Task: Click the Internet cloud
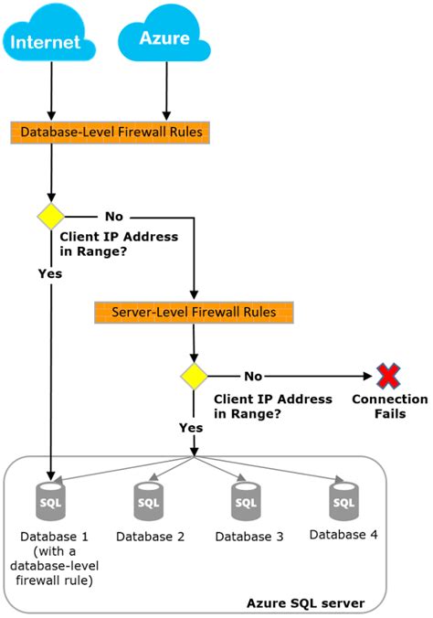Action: coord(50,38)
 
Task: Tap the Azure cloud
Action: coord(165,38)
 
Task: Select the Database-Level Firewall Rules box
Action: coord(111,133)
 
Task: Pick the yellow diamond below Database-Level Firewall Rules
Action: coord(49,217)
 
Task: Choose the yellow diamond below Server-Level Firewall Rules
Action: coord(193,376)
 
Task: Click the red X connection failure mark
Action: coord(388,376)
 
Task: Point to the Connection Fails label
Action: coord(389,407)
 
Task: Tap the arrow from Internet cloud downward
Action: coord(50,91)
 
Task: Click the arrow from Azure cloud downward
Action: coord(165,91)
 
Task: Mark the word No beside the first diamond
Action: coord(114,218)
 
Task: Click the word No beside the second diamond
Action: coord(253,376)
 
